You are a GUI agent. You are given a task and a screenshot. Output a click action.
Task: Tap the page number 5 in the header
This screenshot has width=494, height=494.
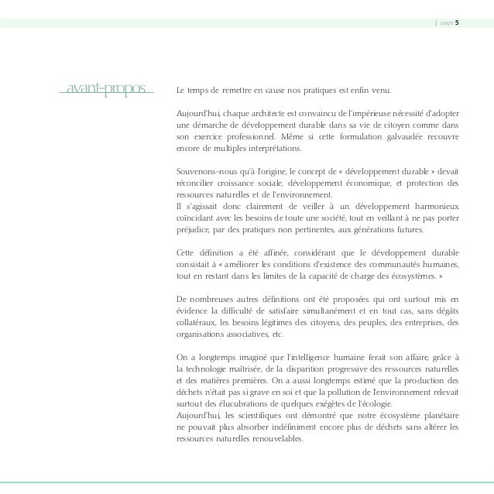point(457,22)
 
